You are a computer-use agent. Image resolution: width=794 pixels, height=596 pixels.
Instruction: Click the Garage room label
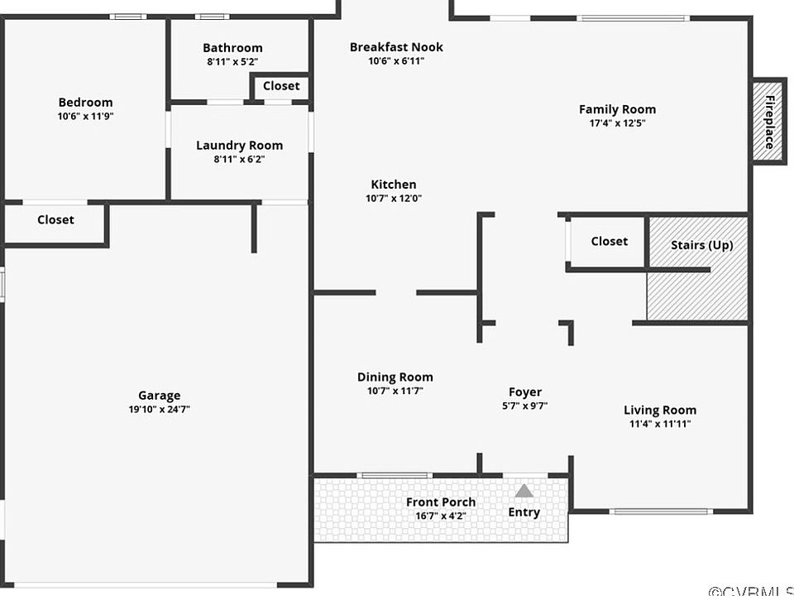pyautogui.click(x=159, y=396)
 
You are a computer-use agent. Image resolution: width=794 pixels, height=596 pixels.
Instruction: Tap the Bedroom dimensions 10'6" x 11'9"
pyautogui.click(x=85, y=116)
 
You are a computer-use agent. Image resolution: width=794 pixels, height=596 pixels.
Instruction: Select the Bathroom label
pyautogui.click(x=232, y=48)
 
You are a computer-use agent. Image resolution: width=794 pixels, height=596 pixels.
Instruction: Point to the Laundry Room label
pyautogui.click(x=240, y=146)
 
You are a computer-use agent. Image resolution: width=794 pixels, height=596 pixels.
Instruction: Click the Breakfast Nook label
pyautogui.click(x=396, y=47)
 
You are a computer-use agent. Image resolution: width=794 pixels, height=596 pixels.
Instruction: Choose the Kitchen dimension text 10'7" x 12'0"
pyautogui.click(x=394, y=198)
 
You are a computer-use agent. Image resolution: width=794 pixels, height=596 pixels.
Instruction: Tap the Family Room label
pyautogui.click(x=617, y=109)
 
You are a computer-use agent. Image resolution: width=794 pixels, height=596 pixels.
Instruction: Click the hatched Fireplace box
pyautogui.click(x=768, y=121)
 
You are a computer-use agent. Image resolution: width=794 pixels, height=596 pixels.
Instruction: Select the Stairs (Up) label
pyautogui.click(x=702, y=245)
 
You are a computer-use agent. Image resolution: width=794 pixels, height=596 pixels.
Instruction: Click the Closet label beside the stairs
pyautogui.click(x=610, y=241)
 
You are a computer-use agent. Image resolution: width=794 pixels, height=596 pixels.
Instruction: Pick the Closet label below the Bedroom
pyautogui.click(x=55, y=219)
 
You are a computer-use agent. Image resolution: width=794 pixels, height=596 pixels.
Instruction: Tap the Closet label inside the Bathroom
pyautogui.click(x=281, y=85)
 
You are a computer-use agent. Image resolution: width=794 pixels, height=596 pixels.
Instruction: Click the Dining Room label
pyautogui.click(x=395, y=377)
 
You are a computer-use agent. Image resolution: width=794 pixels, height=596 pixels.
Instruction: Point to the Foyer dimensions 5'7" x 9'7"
pyautogui.click(x=525, y=406)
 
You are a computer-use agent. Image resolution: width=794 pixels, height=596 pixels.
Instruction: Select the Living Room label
pyautogui.click(x=660, y=410)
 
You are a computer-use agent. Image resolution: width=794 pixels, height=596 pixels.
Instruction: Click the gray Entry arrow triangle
pyautogui.click(x=524, y=491)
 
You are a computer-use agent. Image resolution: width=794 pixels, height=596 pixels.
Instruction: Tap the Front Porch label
pyautogui.click(x=441, y=502)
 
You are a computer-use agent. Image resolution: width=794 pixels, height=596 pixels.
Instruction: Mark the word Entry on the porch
pyautogui.click(x=524, y=512)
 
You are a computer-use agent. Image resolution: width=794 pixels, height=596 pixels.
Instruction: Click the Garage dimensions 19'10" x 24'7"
pyautogui.click(x=159, y=409)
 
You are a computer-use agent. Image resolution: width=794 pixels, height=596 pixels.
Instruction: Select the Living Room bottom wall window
pyautogui.click(x=661, y=512)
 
